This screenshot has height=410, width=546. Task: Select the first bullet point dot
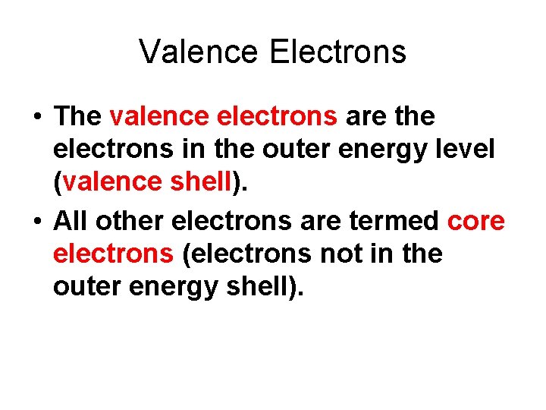pyautogui.click(x=36, y=118)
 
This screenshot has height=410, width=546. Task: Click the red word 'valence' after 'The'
pyautogui.click(x=159, y=116)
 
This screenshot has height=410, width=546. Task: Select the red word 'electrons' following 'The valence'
pyautogui.click(x=277, y=116)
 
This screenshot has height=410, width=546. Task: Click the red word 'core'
pyautogui.click(x=476, y=221)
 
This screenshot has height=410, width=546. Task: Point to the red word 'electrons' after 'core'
pyautogui.click(x=113, y=254)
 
